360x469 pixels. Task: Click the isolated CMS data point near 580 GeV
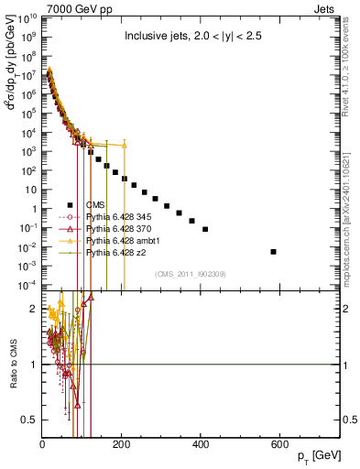[x=274, y=251]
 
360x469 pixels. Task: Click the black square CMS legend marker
[x=70, y=204]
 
